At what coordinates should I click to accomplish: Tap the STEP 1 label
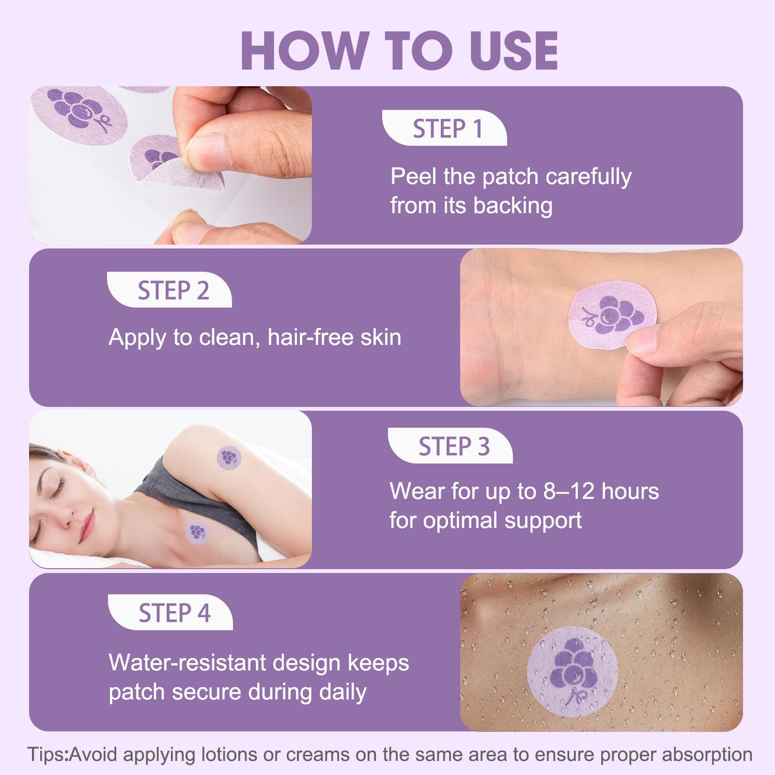[x=448, y=129]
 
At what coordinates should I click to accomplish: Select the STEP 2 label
[x=173, y=291]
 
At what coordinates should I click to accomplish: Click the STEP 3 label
[x=454, y=446]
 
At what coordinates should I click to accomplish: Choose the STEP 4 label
[x=174, y=613]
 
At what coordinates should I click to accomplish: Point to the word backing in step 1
[x=512, y=206]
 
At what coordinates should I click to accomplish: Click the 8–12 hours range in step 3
[x=601, y=491]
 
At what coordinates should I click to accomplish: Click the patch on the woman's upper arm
[x=229, y=457]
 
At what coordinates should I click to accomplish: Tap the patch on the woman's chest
[x=198, y=532]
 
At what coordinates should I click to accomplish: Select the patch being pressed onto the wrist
[x=612, y=315]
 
